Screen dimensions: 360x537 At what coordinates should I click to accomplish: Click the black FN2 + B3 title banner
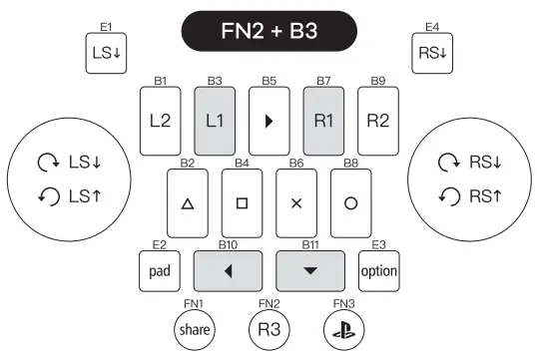coord(268,32)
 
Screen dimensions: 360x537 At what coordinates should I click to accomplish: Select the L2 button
coord(160,121)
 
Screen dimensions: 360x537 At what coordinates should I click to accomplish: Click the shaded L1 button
coord(214,121)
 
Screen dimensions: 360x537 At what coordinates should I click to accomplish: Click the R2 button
coord(377,121)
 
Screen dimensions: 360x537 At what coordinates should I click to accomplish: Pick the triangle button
coord(187,201)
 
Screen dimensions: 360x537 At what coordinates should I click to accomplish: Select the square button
coord(241,201)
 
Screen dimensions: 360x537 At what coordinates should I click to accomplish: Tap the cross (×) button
coord(295,201)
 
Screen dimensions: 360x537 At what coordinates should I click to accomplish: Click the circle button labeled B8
coord(349,201)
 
